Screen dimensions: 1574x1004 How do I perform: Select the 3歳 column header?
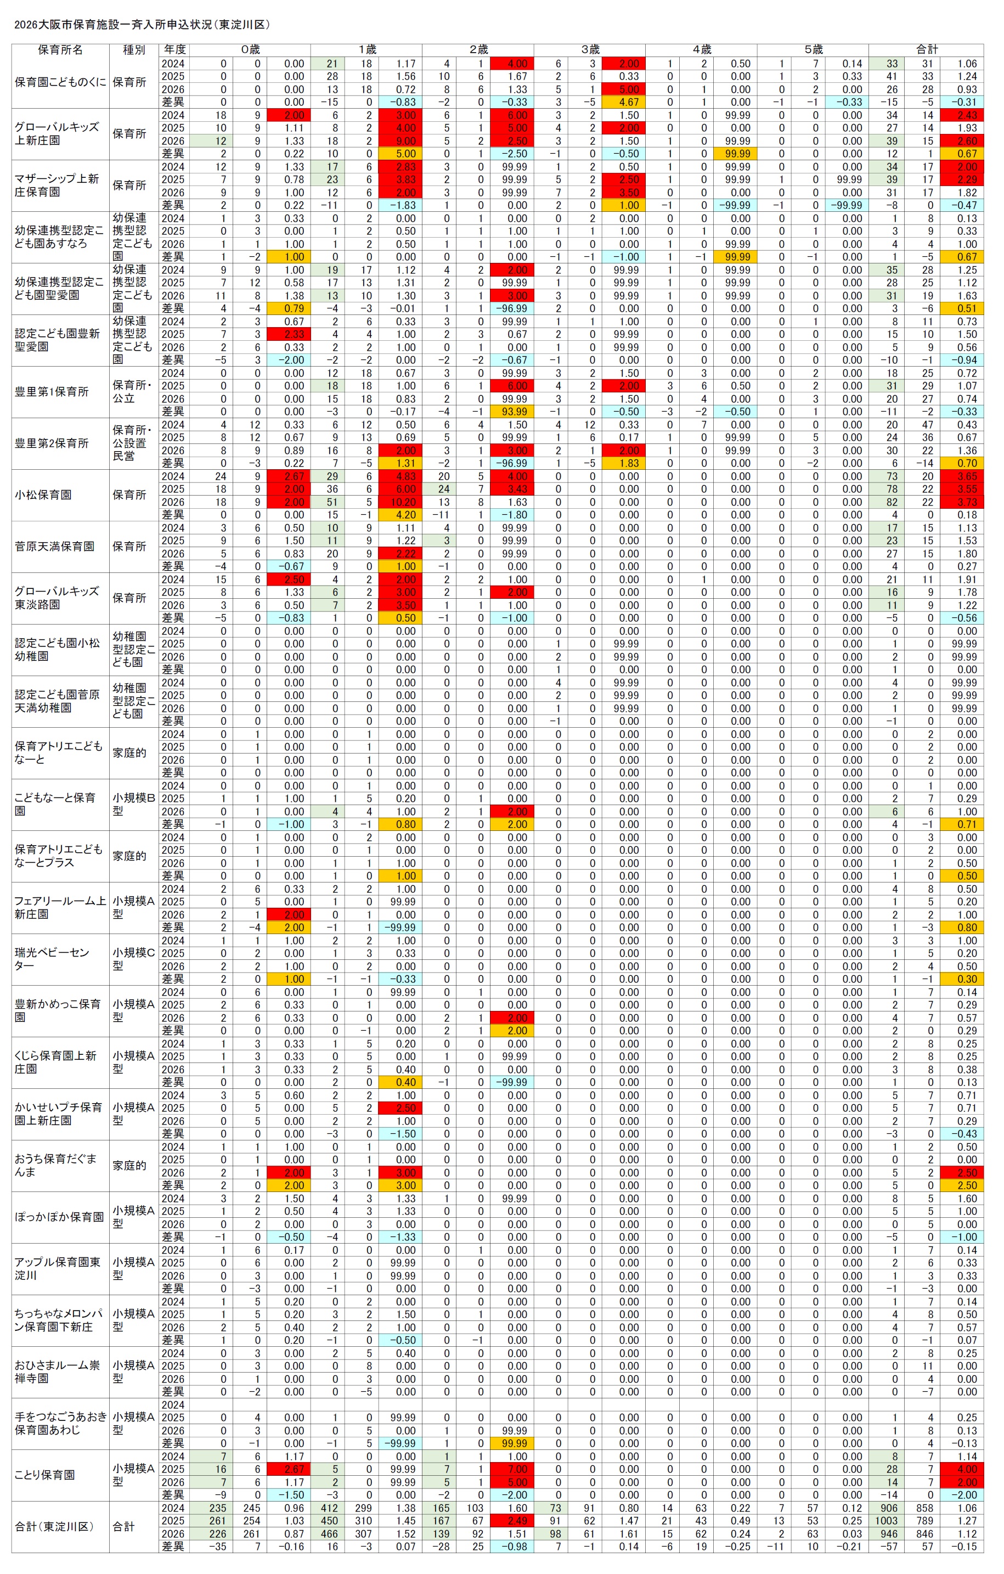[590, 50]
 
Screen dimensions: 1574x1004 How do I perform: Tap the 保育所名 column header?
[60, 50]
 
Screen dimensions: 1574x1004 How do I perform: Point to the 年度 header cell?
[174, 50]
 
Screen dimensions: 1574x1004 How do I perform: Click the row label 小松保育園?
[43, 495]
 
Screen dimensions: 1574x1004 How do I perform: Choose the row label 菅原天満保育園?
[54, 547]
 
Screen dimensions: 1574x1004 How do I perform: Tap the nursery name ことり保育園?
[44, 1475]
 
